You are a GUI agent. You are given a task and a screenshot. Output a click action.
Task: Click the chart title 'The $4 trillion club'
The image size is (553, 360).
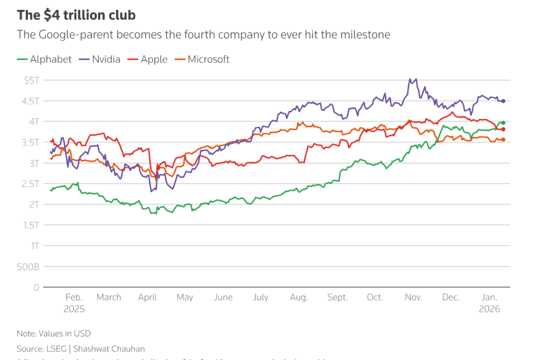(76, 14)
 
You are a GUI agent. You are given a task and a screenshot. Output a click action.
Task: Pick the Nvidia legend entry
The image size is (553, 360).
(107, 59)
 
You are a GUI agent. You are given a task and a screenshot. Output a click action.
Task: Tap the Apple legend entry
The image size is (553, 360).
(154, 59)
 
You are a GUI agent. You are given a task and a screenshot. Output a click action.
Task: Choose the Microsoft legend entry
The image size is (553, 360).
(208, 59)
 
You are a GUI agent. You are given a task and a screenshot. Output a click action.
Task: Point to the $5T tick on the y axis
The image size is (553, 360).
(31, 80)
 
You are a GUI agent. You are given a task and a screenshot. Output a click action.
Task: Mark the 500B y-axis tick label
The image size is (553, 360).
(29, 267)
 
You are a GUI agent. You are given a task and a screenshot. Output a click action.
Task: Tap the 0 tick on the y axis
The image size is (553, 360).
(37, 288)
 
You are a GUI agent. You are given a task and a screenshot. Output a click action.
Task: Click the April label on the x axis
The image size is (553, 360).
(148, 297)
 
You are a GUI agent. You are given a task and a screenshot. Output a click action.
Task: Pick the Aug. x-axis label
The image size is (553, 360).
(299, 297)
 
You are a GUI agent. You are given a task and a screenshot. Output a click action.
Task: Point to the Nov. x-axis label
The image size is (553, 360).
(414, 297)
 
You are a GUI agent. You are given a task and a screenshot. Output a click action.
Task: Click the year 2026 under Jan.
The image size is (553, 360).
(490, 309)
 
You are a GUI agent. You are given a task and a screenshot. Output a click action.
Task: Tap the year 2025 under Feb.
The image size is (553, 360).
(74, 309)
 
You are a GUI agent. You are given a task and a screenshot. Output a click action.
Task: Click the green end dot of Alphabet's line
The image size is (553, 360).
(503, 123)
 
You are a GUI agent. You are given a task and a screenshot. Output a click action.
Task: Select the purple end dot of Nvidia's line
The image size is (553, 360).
(503, 101)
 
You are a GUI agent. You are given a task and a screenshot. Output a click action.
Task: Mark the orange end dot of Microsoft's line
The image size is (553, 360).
(503, 139)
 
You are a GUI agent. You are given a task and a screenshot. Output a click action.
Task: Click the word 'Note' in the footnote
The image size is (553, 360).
(27, 333)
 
